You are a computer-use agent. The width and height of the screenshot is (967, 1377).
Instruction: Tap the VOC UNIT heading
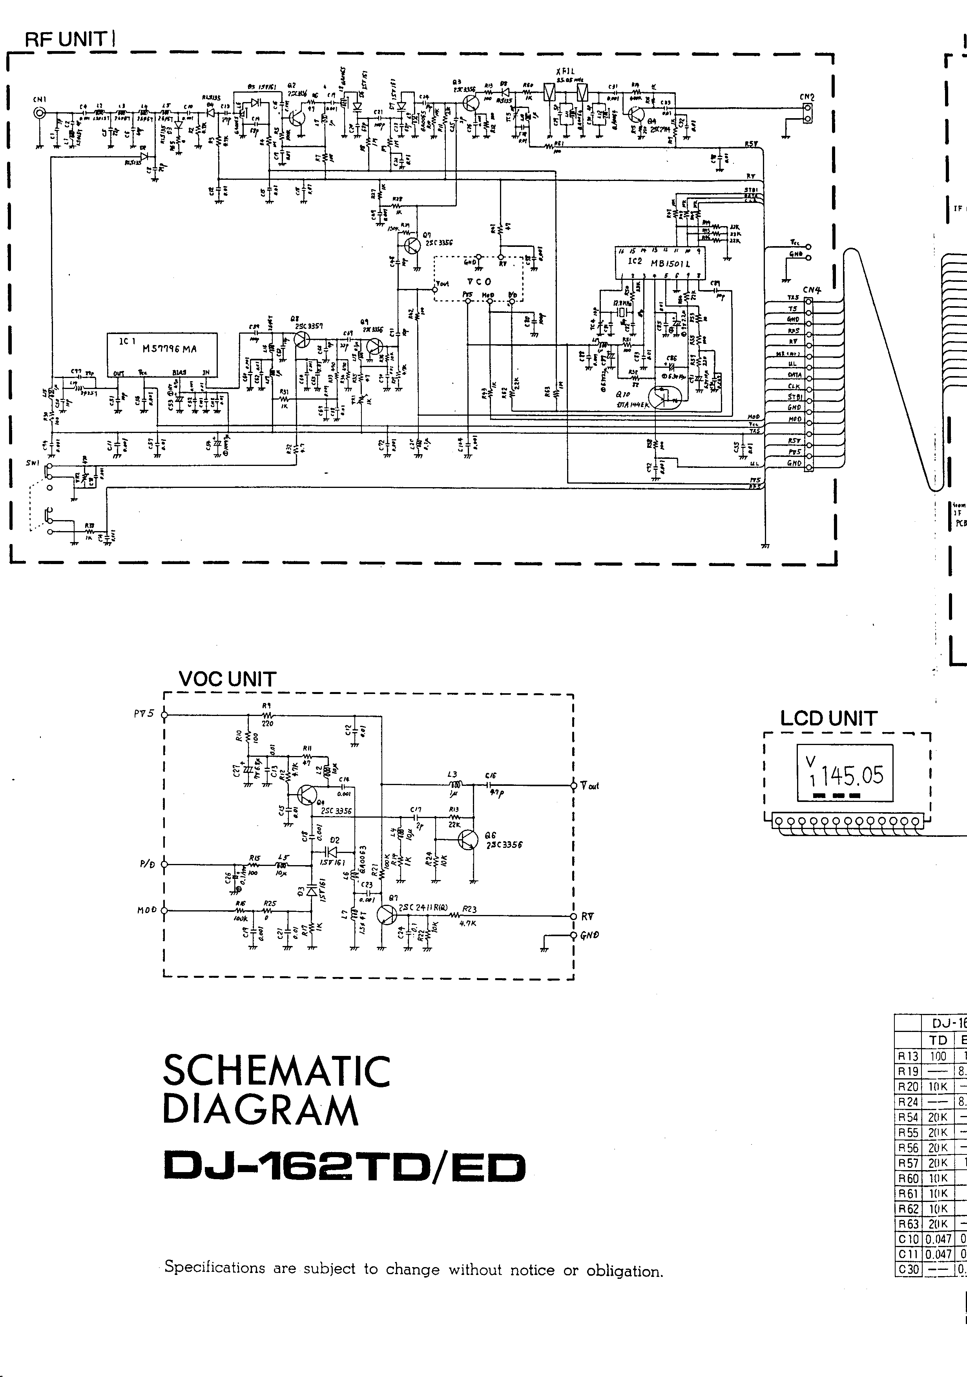[227, 679]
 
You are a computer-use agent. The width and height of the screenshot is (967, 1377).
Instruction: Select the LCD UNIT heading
[828, 718]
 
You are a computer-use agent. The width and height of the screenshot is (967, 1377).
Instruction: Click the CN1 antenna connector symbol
[40, 112]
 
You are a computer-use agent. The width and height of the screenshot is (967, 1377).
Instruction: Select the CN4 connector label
[811, 290]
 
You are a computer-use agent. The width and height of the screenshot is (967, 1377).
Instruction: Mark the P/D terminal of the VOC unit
[165, 864]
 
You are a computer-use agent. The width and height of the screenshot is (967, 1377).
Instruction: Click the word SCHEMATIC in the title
[276, 1072]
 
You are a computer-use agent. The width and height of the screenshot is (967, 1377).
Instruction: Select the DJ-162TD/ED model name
[344, 1167]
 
